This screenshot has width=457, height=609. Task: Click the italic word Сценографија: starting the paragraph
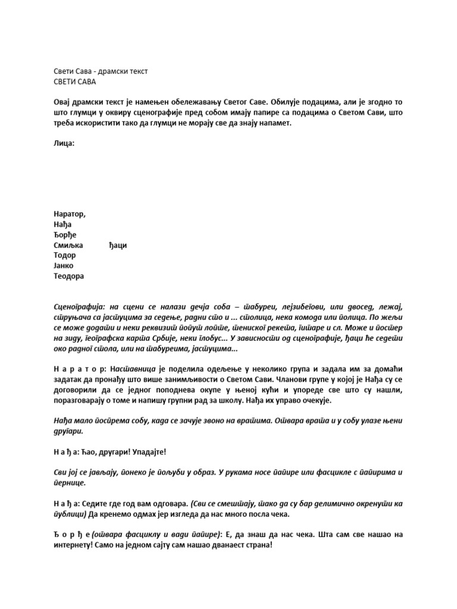[75, 306]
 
